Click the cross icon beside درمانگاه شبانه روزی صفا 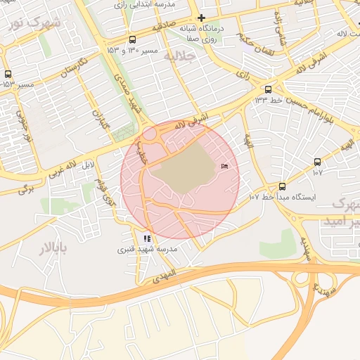(x=202, y=18)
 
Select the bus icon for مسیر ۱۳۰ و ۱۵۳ (x=133, y=40)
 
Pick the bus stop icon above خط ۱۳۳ (x=268, y=89)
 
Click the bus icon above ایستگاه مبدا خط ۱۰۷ (x=282, y=186)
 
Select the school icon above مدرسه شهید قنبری (x=147, y=239)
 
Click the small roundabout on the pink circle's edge (x=150, y=133)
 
